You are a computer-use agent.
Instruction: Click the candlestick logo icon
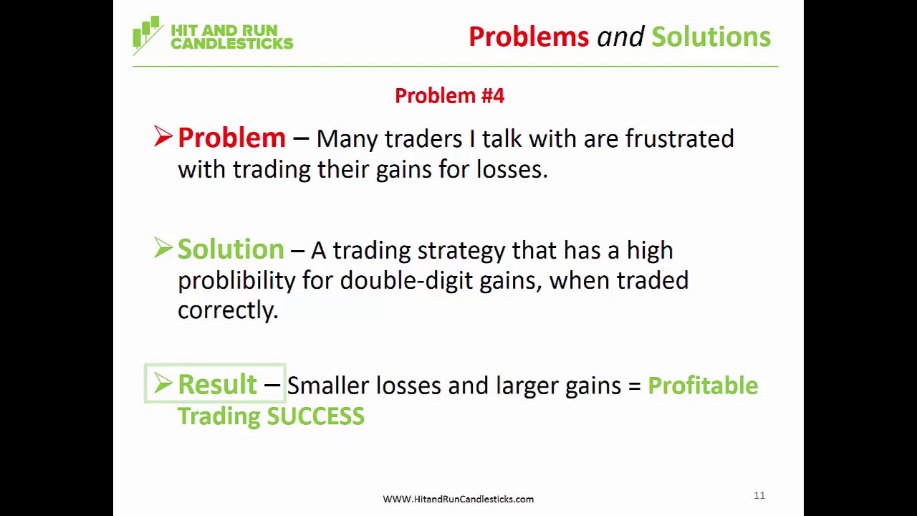(147, 34)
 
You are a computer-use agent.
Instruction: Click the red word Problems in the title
(528, 37)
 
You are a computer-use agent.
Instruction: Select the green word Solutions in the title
(711, 37)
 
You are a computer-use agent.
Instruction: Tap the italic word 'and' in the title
(620, 37)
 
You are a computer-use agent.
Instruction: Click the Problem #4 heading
(449, 96)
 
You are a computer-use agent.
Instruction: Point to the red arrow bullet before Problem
(163, 136)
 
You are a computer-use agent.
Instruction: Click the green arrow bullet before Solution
(163, 248)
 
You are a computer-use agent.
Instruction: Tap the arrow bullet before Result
(163, 383)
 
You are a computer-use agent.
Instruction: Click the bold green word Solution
(231, 249)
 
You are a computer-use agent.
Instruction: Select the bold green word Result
(216, 385)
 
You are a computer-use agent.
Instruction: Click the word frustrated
(679, 138)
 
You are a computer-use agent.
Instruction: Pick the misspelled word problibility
(236, 281)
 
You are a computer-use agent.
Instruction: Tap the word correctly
(227, 310)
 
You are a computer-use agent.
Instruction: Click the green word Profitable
(702, 386)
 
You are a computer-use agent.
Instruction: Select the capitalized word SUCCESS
(315, 416)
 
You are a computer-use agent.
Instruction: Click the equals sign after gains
(634, 386)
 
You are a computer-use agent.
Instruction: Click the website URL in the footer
(458, 499)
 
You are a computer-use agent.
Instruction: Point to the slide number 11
(759, 495)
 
